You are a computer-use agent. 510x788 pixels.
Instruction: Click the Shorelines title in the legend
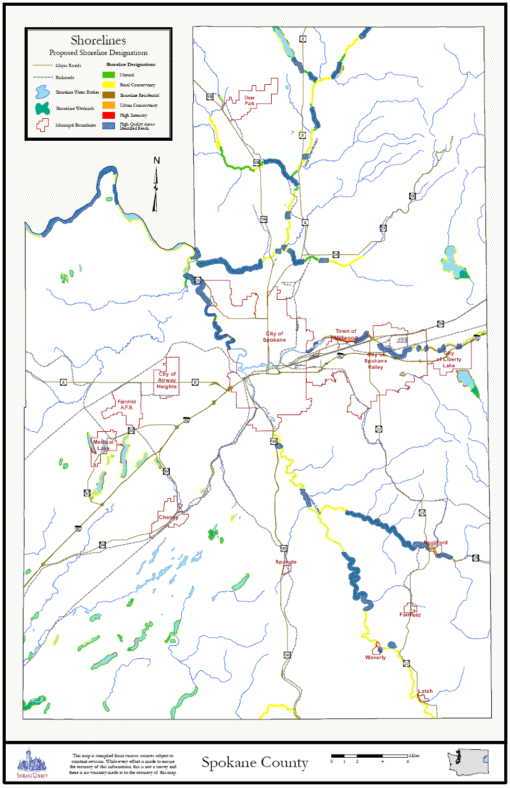click(98, 40)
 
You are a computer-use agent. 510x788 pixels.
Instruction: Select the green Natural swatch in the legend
click(109, 75)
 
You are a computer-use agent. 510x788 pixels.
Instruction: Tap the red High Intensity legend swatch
click(109, 115)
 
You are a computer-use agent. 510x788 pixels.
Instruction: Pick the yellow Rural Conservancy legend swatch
click(109, 85)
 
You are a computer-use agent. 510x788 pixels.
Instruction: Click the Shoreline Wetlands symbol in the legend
click(42, 108)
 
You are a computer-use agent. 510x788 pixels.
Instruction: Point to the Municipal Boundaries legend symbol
click(42, 125)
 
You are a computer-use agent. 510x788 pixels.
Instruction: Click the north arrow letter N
click(156, 161)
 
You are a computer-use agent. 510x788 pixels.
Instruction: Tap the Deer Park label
click(250, 100)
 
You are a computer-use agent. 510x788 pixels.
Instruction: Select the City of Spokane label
click(274, 336)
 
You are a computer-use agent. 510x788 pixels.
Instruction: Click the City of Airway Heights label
click(167, 380)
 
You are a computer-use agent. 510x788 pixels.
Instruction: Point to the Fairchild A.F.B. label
click(127, 404)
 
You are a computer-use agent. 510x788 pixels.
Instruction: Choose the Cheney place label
click(168, 517)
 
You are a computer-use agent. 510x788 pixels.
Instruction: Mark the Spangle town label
click(286, 562)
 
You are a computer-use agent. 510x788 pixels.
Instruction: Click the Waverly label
click(375, 658)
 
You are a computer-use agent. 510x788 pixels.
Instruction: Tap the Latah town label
click(425, 691)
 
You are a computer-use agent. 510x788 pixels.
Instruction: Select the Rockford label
click(436, 543)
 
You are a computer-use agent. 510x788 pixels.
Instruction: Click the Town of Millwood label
click(346, 334)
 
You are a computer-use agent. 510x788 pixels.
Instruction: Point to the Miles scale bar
click(369, 756)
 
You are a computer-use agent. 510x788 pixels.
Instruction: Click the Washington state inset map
click(468, 762)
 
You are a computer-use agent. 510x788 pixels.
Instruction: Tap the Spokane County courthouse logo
click(32, 762)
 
